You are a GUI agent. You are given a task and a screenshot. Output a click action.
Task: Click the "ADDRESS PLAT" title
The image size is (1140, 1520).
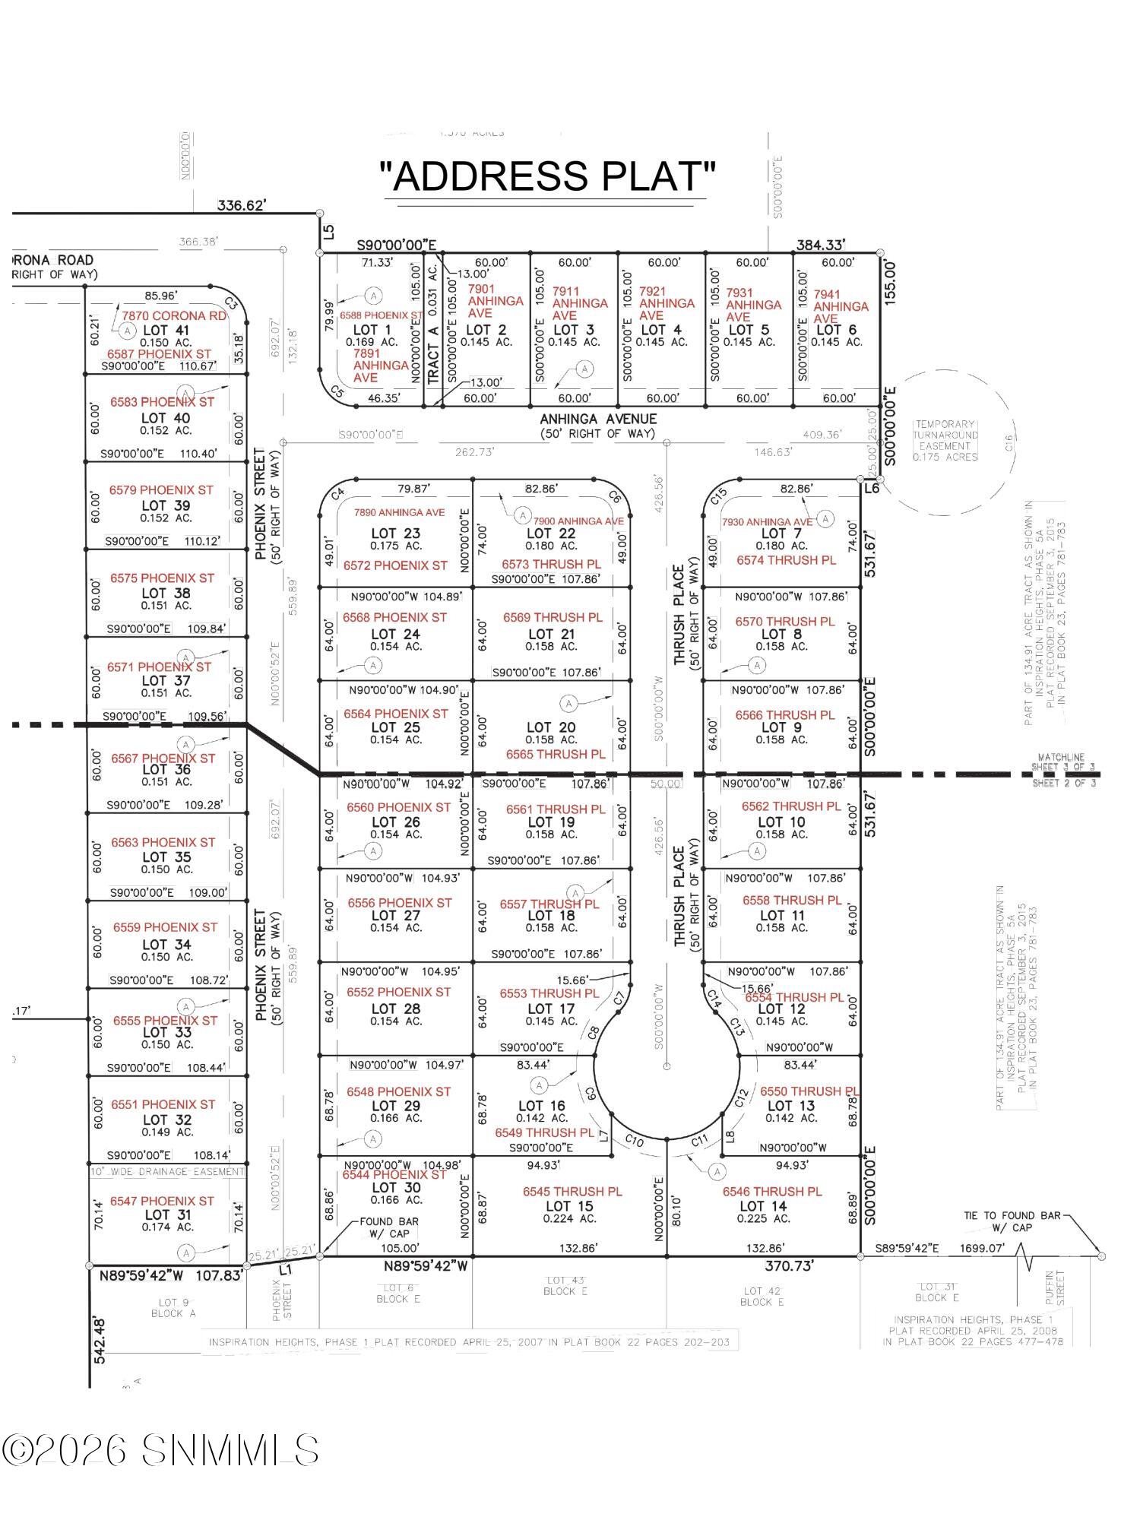[547, 176]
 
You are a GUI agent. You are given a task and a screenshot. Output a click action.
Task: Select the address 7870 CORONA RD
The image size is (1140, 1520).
[174, 315]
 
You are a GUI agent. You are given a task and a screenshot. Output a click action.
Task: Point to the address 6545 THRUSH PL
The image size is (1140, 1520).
[572, 1192]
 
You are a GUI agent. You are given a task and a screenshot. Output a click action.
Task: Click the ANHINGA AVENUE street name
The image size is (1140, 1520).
[598, 419]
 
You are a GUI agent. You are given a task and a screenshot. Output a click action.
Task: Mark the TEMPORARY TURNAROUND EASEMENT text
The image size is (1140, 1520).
[945, 441]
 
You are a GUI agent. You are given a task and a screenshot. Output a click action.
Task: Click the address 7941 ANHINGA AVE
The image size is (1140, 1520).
[840, 306]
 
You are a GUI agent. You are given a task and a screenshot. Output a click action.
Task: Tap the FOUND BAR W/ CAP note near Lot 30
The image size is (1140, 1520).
[389, 1227]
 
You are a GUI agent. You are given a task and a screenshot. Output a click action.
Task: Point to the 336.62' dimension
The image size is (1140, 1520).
[242, 205]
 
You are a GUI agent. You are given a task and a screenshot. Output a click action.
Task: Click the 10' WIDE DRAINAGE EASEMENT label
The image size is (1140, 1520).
[167, 1172]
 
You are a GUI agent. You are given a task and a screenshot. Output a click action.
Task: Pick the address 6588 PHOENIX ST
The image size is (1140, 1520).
[381, 315]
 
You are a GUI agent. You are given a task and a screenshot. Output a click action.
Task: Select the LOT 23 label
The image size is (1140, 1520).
[395, 534]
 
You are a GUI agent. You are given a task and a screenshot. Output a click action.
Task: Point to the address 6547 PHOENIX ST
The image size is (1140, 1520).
[161, 1201]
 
